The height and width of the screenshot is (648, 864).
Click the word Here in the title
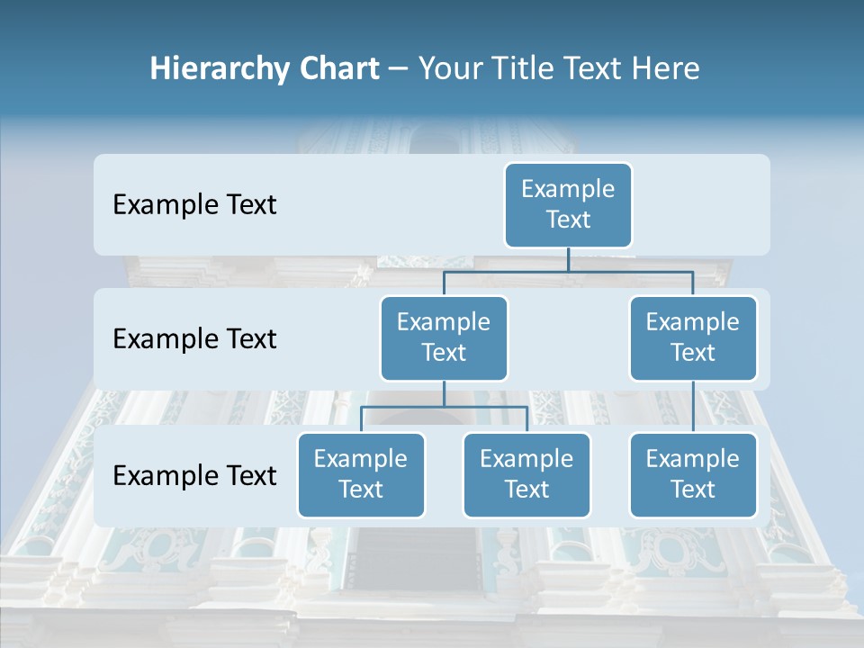tap(663, 68)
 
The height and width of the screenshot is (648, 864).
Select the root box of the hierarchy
tap(568, 205)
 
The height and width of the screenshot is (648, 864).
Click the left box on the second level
tap(444, 338)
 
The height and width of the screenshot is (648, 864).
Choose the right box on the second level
tap(693, 338)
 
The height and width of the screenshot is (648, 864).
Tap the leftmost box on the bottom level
tap(361, 475)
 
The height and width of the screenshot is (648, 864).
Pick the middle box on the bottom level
tap(526, 475)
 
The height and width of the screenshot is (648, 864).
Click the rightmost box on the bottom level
tap(693, 475)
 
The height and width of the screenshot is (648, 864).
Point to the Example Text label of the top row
tap(194, 205)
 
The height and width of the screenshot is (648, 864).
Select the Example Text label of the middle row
tap(194, 339)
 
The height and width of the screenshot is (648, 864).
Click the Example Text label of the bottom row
tap(194, 476)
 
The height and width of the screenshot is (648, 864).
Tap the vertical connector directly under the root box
tap(568, 259)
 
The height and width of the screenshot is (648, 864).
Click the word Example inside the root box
tap(568, 189)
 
